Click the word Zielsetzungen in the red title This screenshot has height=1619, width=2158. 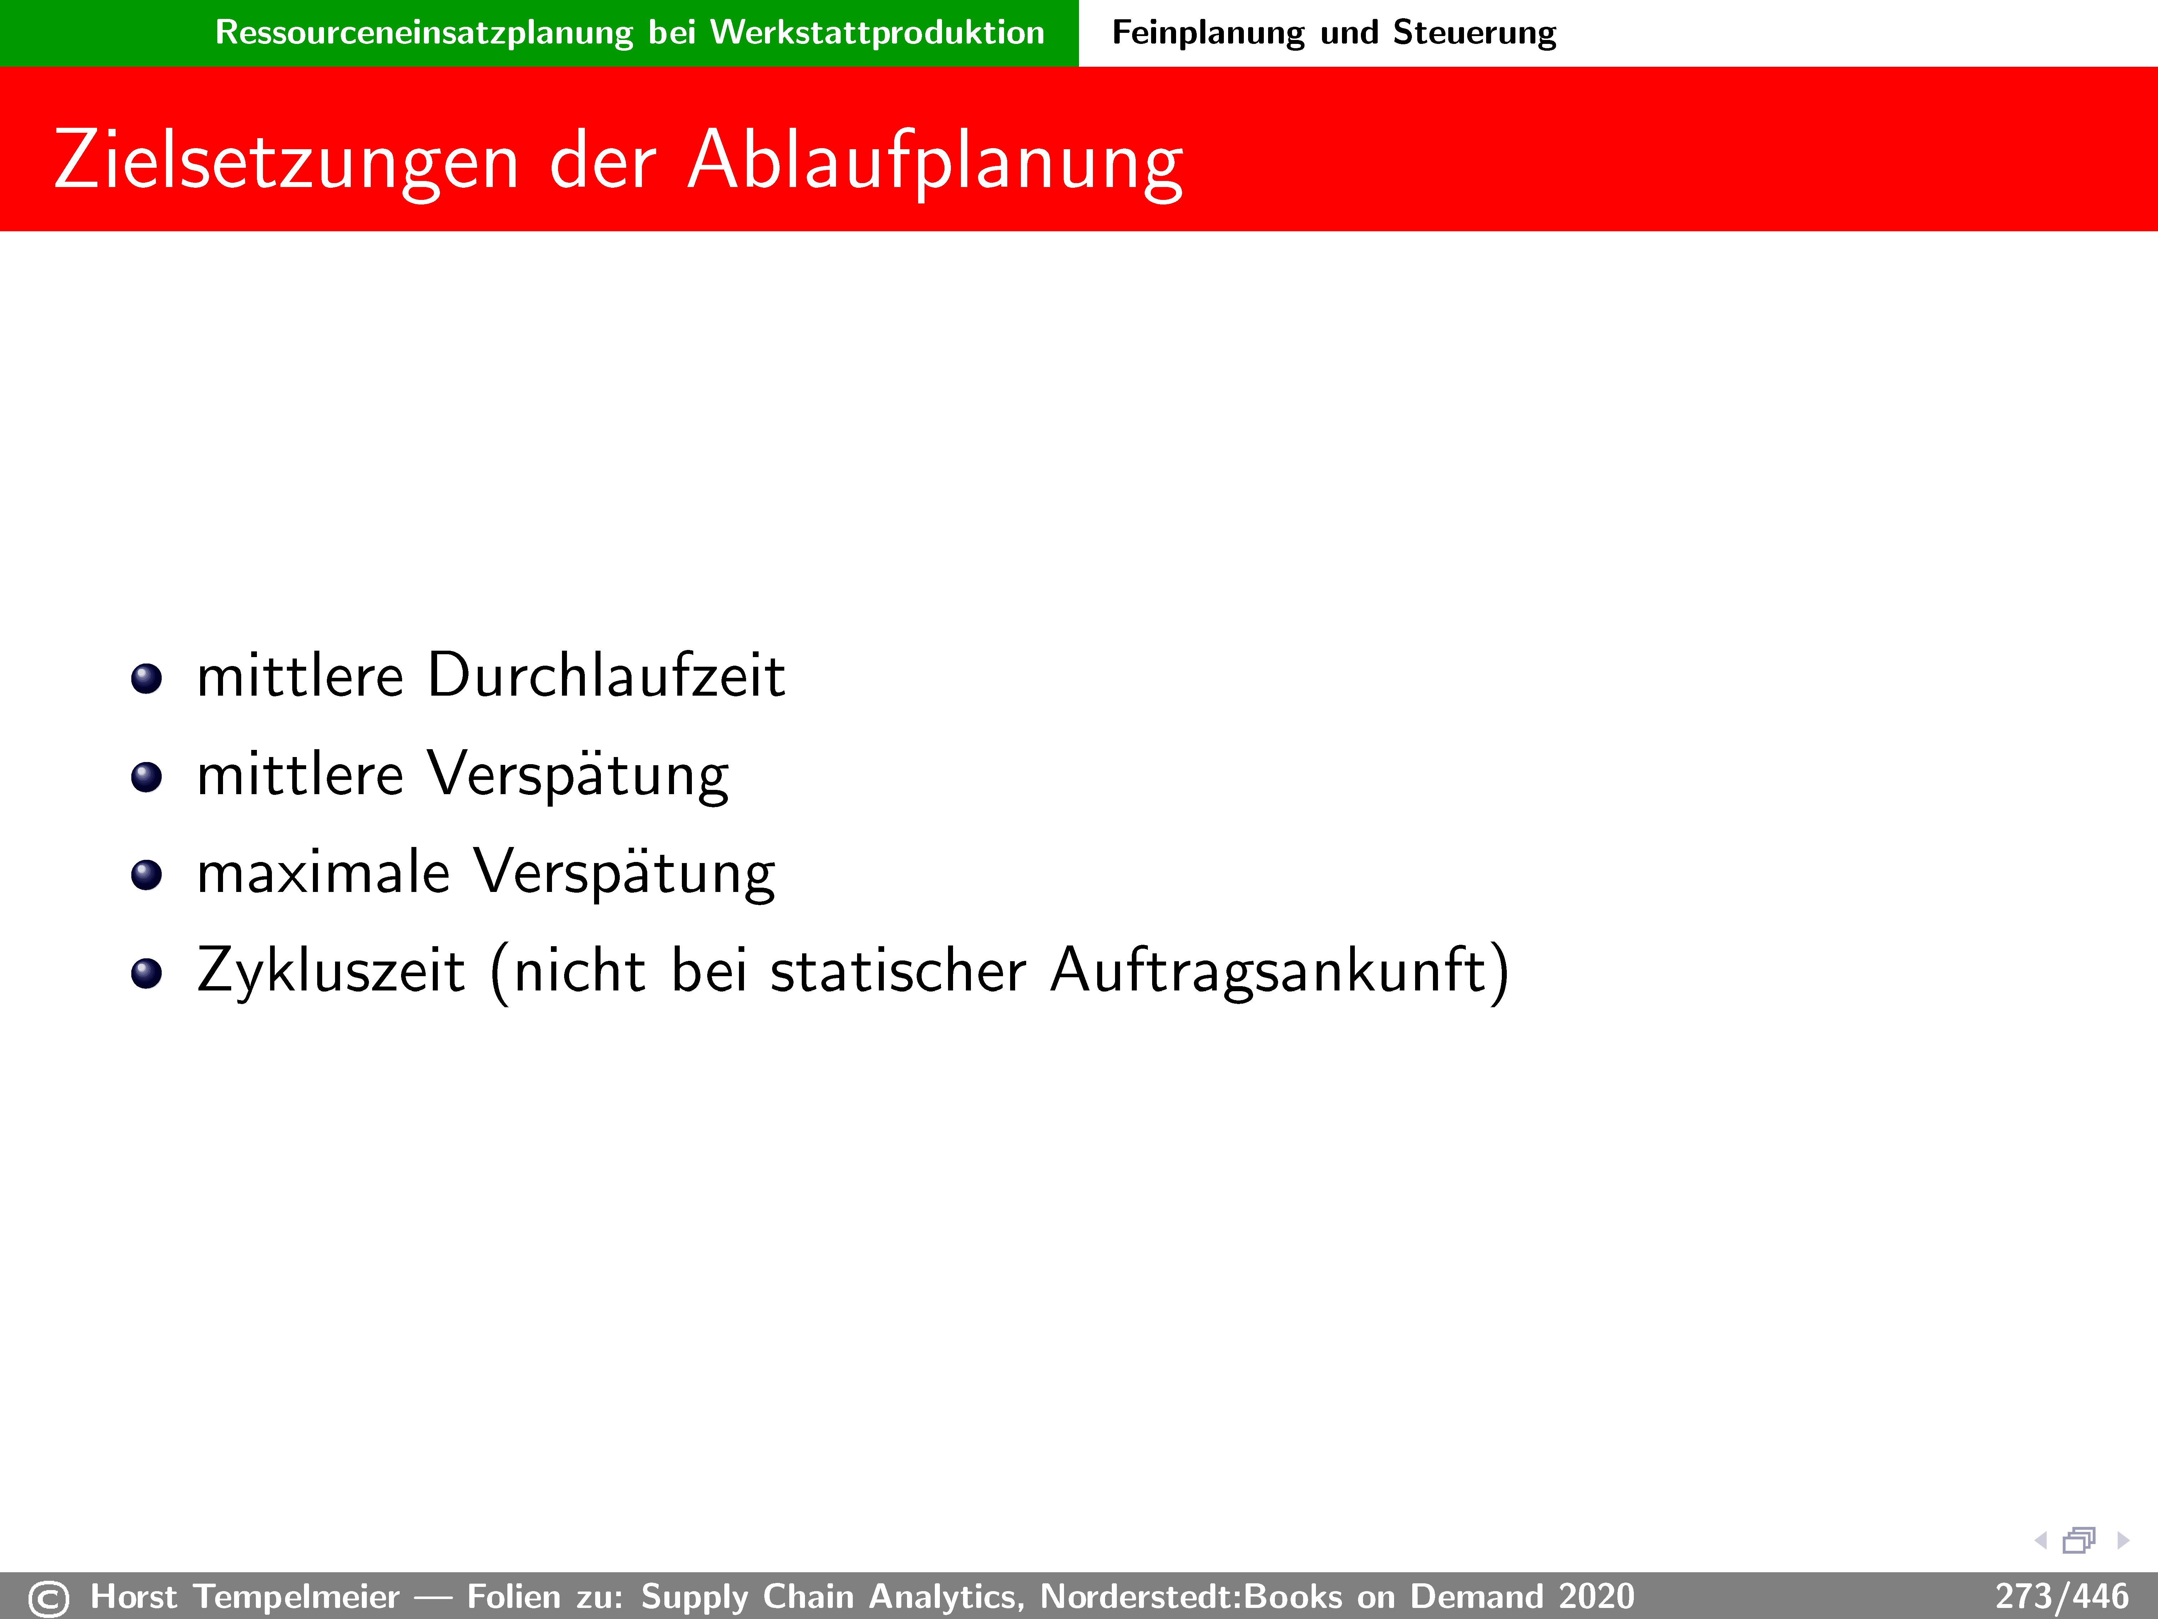pyautogui.click(x=287, y=162)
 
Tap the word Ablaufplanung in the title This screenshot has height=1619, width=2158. pyautogui.click(x=936, y=162)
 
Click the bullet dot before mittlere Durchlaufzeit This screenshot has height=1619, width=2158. pyautogui.click(x=146, y=679)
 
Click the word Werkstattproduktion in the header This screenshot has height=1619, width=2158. pyautogui.click(x=877, y=32)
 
